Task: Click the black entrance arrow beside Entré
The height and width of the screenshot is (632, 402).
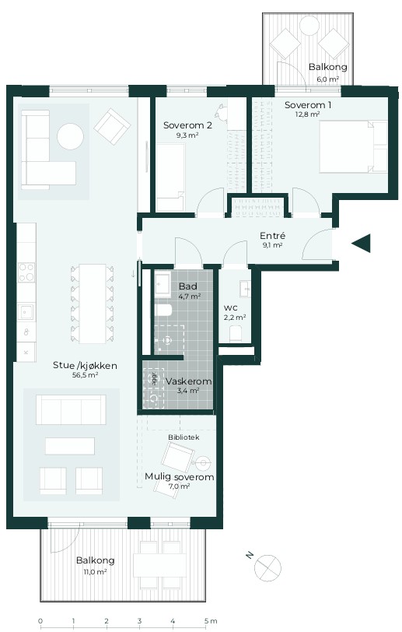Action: point(361,244)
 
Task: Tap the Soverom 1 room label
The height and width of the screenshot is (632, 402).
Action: point(308,105)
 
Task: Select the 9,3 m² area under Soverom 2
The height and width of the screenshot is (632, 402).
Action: point(187,135)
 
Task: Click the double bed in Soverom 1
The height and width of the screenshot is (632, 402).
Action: point(353,146)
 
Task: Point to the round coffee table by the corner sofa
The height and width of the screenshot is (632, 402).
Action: point(71,136)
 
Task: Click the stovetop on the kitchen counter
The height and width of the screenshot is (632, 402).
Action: point(26,272)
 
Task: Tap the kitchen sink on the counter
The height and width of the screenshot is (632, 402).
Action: point(26,312)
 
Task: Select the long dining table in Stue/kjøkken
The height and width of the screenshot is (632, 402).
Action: point(93,304)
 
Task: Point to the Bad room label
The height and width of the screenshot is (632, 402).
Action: point(188,286)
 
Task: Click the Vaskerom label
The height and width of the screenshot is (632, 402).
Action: point(188,381)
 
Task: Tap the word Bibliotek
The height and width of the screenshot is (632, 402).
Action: point(184,437)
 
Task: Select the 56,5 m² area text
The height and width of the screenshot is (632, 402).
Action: point(85,375)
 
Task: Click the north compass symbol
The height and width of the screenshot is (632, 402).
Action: point(267,567)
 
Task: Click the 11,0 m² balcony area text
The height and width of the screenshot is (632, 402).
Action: point(95,571)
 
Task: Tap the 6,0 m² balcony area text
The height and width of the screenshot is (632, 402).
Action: point(327,79)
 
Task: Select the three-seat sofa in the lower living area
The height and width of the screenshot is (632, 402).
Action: point(71,410)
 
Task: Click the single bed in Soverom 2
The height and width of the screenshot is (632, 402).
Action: point(170,177)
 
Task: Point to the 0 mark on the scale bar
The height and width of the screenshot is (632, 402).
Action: point(40,621)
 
